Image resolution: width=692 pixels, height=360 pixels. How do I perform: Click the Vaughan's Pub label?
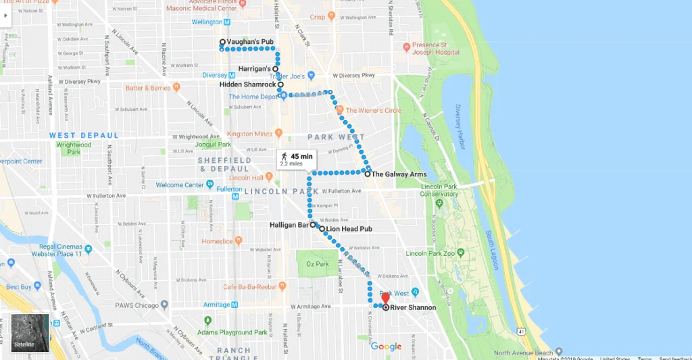point(250,42)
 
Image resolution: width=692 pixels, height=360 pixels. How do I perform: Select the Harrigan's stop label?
point(254,69)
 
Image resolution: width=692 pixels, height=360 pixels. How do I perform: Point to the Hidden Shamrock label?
point(247,84)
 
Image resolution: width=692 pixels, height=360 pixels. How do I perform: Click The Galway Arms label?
point(399,174)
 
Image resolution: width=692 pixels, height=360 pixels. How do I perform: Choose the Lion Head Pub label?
point(349,229)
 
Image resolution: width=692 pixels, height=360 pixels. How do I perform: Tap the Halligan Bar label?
point(289,225)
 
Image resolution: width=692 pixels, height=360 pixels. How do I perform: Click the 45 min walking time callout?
point(297,159)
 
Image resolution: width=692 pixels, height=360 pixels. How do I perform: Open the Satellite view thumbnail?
point(30,333)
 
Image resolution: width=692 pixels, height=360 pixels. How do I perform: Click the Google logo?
point(386,346)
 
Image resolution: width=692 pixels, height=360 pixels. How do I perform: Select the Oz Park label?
point(317,263)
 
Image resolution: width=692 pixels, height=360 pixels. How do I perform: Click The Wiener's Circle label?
point(373,110)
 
